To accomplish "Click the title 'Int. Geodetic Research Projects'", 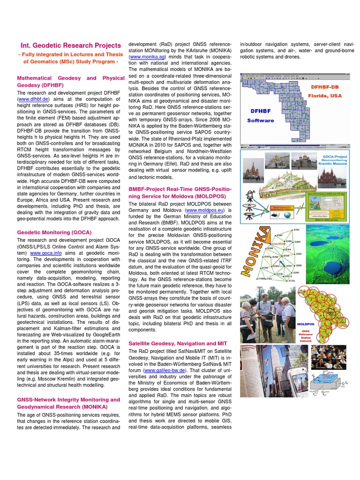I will click(x=70, y=45).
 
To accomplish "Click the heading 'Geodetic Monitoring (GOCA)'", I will click(x=54, y=232).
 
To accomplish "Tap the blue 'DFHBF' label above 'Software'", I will click(x=261, y=112).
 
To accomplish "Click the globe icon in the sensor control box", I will click(x=286, y=215).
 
